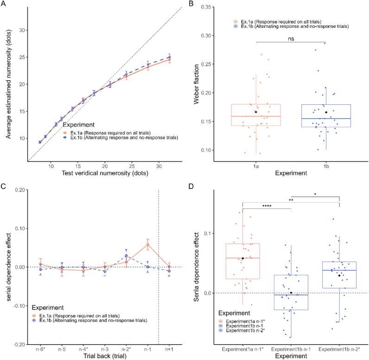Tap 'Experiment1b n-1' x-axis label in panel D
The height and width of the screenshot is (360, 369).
point(291,348)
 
